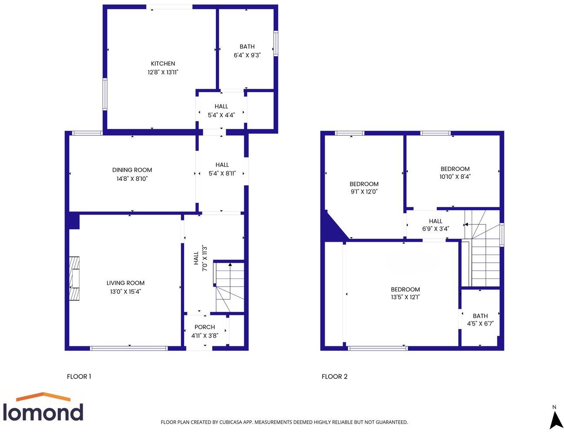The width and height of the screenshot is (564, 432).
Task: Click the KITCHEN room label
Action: [x=163, y=64]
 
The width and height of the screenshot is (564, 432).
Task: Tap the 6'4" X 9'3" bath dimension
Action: [x=247, y=55]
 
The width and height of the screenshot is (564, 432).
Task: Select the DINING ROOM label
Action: [x=132, y=170]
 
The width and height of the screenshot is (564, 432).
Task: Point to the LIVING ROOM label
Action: [x=125, y=283]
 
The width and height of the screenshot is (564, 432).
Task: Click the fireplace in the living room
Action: [x=74, y=278]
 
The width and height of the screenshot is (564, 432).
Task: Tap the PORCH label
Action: [x=205, y=327]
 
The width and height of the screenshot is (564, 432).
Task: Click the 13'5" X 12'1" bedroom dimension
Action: [x=405, y=298]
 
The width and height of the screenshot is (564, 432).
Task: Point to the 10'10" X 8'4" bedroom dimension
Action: [x=455, y=177]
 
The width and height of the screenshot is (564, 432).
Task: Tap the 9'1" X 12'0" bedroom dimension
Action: [x=364, y=191]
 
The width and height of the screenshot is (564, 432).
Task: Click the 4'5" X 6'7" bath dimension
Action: [x=480, y=324]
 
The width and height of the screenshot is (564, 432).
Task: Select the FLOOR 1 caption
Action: [x=79, y=377]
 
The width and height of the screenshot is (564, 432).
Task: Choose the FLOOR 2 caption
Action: [x=334, y=377]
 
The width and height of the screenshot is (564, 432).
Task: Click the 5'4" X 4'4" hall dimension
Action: [x=221, y=115]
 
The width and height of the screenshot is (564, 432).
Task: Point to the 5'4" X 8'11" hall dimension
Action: [x=222, y=173]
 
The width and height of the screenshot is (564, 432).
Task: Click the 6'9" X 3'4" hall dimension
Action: [x=435, y=229]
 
